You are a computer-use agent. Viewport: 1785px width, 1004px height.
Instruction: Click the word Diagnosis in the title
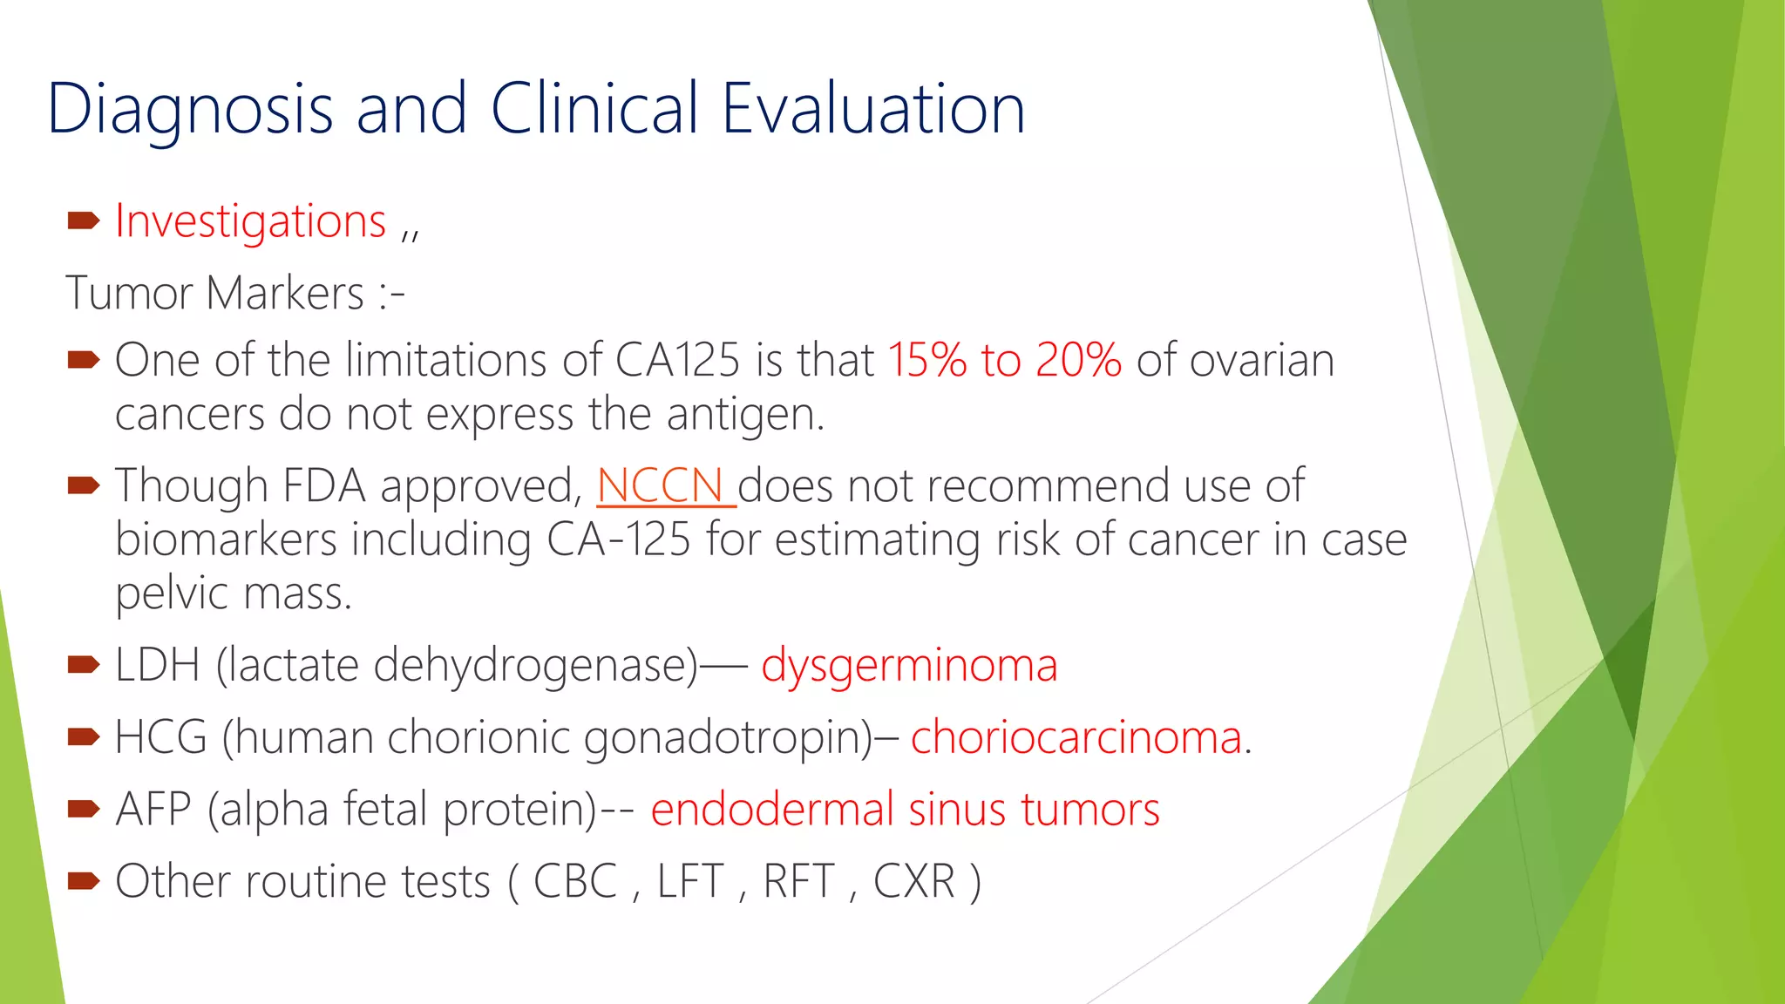pyautogui.click(x=191, y=110)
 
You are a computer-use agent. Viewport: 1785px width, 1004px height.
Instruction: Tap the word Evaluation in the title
pyautogui.click(x=873, y=108)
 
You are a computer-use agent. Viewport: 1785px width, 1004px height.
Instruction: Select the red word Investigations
pyautogui.click(x=250, y=222)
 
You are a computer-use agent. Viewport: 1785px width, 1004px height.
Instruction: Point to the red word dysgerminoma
pyautogui.click(x=909, y=667)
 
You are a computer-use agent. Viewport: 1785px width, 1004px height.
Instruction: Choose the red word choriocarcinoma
pyautogui.click(x=1076, y=738)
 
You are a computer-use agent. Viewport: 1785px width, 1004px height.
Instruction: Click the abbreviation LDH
pyautogui.click(x=158, y=666)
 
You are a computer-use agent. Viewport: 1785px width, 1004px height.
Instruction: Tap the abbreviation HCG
pyautogui.click(x=161, y=738)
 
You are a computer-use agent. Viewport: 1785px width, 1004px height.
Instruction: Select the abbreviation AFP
pyautogui.click(x=153, y=810)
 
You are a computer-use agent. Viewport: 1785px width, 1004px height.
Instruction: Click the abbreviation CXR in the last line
pyautogui.click(x=914, y=881)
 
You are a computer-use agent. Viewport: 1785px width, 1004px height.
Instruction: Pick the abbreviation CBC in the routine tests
pyautogui.click(x=575, y=881)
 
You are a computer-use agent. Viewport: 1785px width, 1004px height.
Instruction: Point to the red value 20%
pyautogui.click(x=1078, y=360)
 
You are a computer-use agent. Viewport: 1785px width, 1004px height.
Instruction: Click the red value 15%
pyautogui.click(x=927, y=360)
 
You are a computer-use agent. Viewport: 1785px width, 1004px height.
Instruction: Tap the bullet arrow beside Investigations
pyautogui.click(x=84, y=220)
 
